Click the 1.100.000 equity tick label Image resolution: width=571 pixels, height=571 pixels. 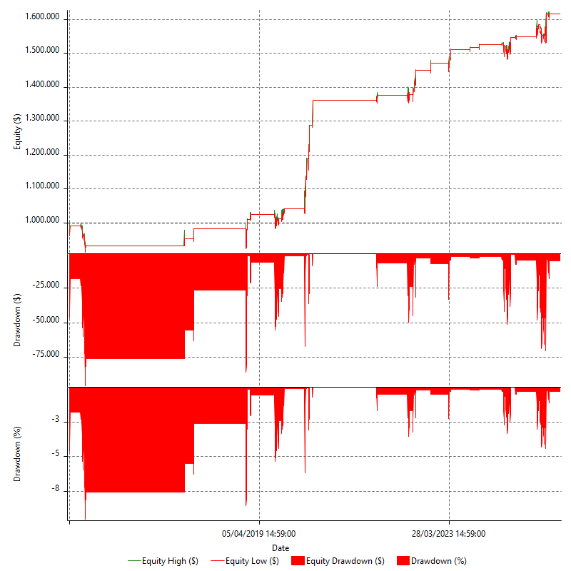[42, 188]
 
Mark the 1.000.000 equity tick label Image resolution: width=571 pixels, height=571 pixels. [42, 221]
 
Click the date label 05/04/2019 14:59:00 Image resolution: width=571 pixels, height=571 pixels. [259, 533]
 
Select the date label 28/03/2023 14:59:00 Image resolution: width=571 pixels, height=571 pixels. [449, 533]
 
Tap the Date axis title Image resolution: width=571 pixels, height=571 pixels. [281, 547]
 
